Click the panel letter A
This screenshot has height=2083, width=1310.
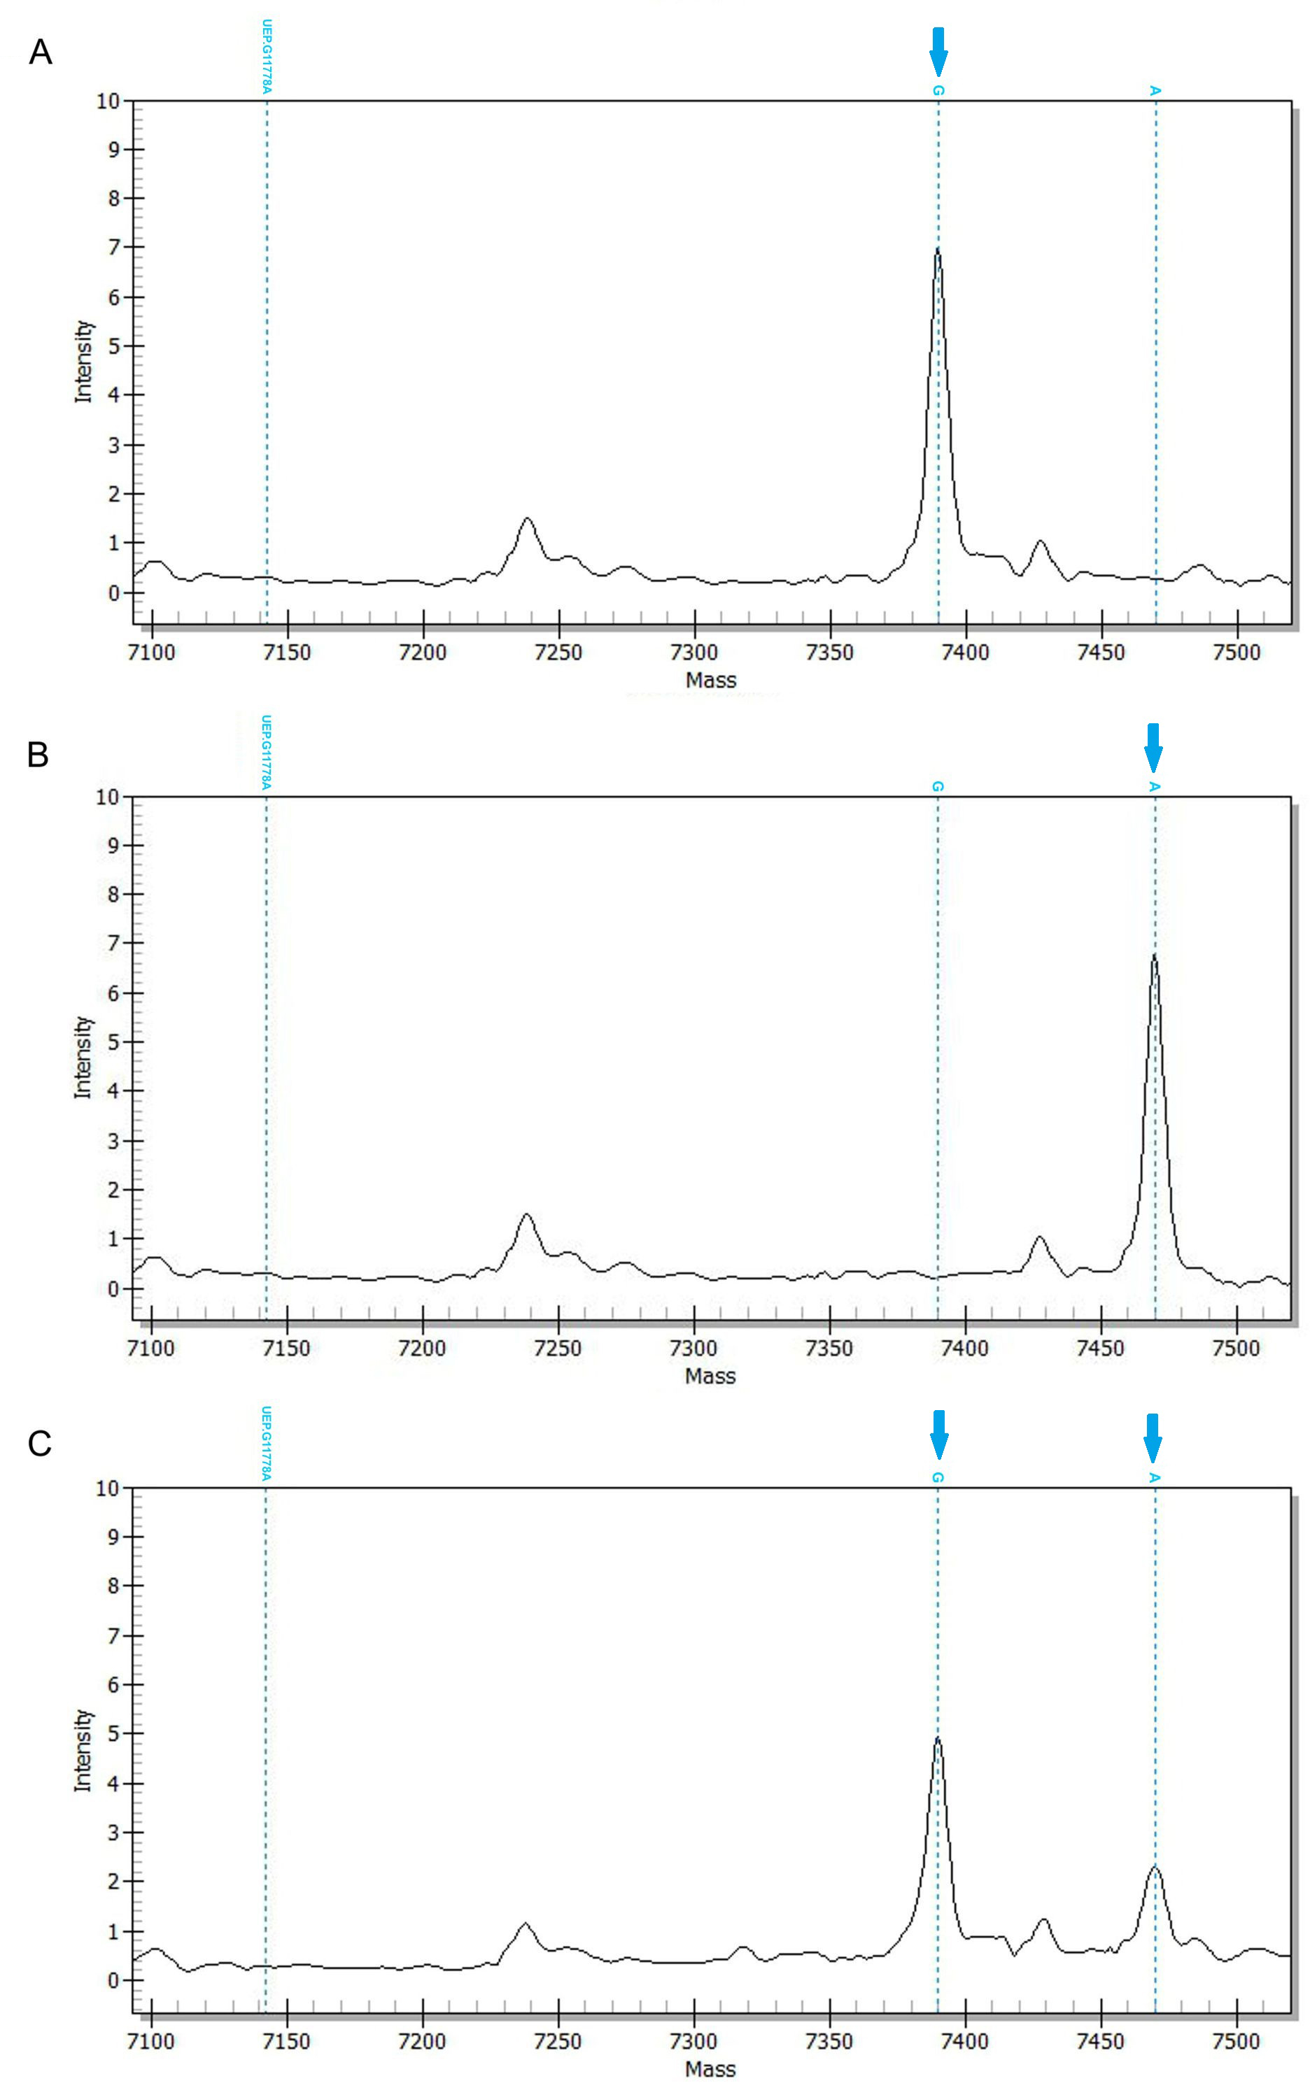click(40, 52)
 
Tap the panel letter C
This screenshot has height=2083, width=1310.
click(39, 1444)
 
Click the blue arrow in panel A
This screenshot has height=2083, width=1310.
click(938, 51)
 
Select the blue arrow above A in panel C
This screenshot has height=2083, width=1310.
click(1153, 1437)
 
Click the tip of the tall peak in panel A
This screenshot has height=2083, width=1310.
click(937, 250)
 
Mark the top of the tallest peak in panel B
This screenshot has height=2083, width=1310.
click(1153, 955)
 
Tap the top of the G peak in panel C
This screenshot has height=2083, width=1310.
click(937, 1738)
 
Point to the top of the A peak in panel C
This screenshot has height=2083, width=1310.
click(1154, 1866)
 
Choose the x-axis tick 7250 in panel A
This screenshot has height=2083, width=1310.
click(558, 651)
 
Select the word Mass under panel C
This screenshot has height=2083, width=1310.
click(710, 2069)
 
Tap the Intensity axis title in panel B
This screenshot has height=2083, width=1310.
click(82, 1057)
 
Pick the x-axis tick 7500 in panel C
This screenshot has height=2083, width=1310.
click(1237, 2040)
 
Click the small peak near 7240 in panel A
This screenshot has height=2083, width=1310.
click(527, 519)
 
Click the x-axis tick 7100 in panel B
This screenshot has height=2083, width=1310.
click(150, 1348)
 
